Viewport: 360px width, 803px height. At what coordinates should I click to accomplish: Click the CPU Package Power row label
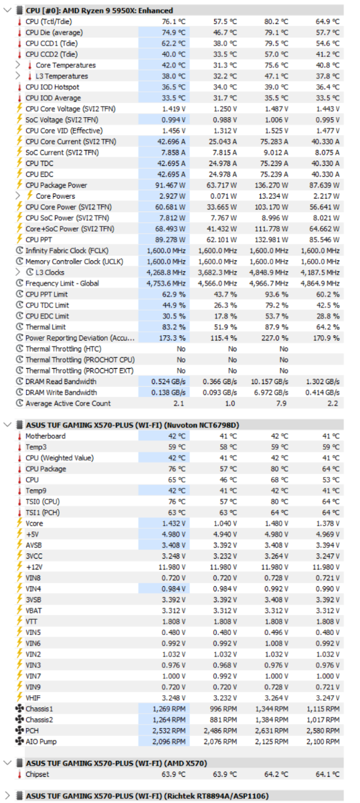click(x=56, y=185)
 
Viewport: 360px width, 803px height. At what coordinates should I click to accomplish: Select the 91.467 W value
click(x=171, y=185)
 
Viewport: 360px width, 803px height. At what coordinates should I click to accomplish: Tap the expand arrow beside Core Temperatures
click(x=18, y=66)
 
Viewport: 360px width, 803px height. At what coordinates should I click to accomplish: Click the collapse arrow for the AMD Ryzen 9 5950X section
click(x=7, y=10)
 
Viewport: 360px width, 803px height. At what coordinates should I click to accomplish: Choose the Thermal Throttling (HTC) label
click(x=63, y=349)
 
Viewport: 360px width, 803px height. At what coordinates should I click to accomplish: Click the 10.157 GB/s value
click(x=269, y=381)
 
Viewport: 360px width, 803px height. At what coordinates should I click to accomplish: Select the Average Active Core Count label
click(x=68, y=404)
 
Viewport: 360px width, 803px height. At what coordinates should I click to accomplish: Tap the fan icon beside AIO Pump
click(x=19, y=741)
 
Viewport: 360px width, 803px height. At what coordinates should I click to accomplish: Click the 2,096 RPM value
click(x=169, y=741)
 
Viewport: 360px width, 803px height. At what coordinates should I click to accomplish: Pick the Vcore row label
click(x=34, y=523)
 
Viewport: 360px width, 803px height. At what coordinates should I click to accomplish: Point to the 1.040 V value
click(x=226, y=523)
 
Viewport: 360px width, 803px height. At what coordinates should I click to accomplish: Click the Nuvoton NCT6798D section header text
click(x=132, y=425)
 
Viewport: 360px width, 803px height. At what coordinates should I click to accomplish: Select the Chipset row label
click(x=37, y=774)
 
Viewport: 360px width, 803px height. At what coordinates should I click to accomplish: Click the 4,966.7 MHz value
click(x=269, y=284)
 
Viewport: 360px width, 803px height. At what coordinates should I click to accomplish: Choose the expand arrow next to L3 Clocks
click(x=18, y=272)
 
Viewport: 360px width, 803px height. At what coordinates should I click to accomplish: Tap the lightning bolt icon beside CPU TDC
click(x=19, y=163)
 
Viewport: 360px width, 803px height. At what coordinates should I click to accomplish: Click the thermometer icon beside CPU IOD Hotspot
click(x=19, y=87)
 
